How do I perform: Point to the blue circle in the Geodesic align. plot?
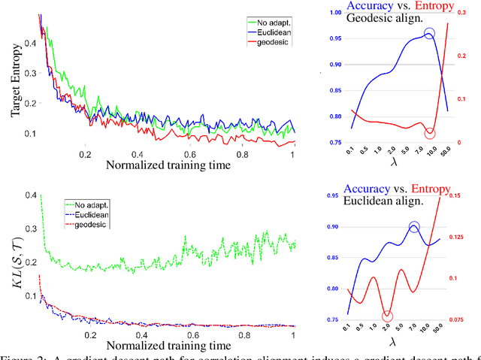pyautogui.click(x=429, y=34)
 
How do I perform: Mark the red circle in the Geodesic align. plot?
pyautogui.click(x=429, y=133)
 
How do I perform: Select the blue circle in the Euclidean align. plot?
pyautogui.click(x=414, y=228)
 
